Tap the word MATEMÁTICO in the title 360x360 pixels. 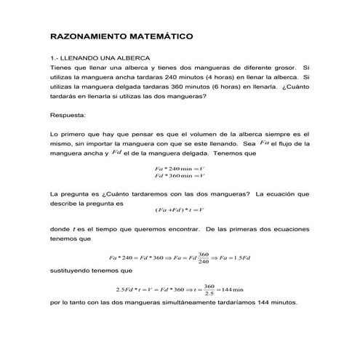[x=156, y=34]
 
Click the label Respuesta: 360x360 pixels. [x=68, y=115]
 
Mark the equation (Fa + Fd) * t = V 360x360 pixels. [x=180, y=210]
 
